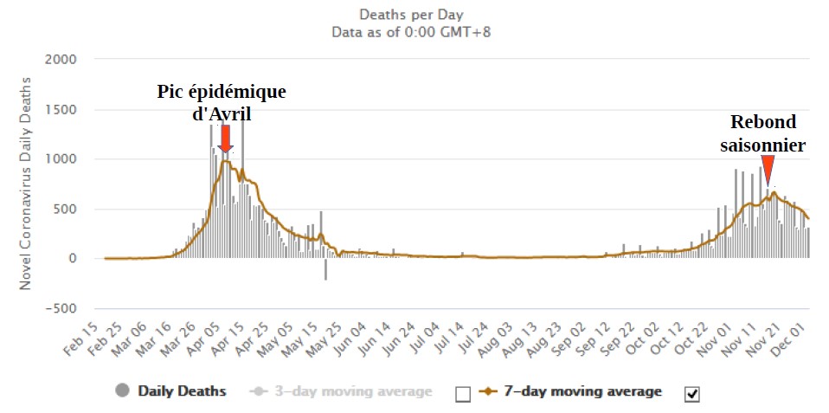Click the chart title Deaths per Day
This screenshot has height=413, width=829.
point(412,15)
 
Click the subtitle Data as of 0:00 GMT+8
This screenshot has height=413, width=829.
point(412,32)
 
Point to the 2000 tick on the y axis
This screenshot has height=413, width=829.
point(61,60)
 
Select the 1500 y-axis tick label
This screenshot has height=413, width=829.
point(61,110)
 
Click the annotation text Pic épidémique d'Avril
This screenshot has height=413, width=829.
point(222,102)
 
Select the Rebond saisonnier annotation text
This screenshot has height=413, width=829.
point(763,134)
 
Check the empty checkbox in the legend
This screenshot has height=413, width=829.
point(463,394)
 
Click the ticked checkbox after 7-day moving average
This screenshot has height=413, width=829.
point(691,394)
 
